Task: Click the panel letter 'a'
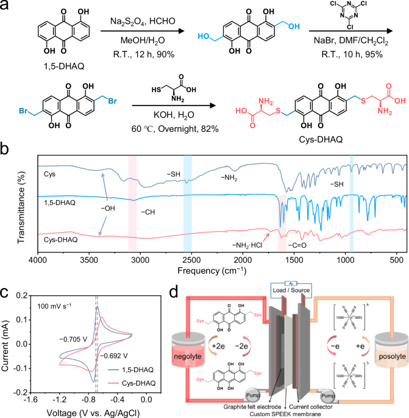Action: click(6, 7)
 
